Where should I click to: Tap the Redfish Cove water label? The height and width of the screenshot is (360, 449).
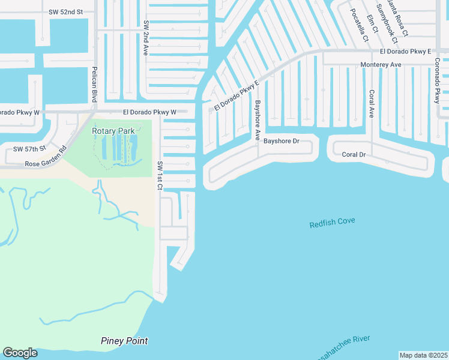(332, 223)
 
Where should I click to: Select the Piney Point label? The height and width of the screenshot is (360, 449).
(124, 341)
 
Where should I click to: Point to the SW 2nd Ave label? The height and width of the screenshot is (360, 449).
(145, 38)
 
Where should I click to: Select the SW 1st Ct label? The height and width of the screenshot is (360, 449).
(160, 176)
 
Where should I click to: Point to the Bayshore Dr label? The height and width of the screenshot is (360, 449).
(281, 142)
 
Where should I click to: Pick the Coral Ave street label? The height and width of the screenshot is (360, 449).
(372, 104)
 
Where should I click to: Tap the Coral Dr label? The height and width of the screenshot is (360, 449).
(354, 154)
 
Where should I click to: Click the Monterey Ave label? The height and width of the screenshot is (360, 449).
(381, 64)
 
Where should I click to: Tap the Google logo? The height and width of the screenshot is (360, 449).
(20, 353)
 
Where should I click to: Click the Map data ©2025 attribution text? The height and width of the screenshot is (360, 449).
(423, 355)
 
